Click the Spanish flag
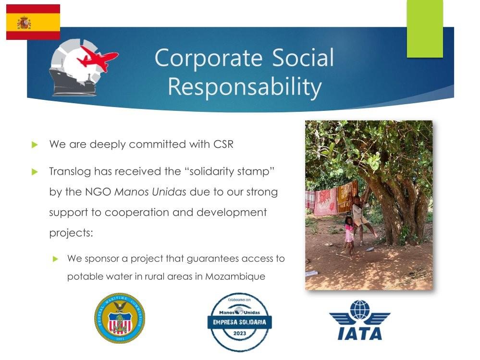click(x=33, y=22)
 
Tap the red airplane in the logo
click(x=98, y=58)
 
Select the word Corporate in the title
click(x=209, y=58)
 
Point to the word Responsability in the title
click(x=245, y=86)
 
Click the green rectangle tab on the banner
click(x=425, y=29)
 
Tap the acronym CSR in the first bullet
click(x=223, y=144)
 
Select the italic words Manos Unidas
click(x=150, y=192)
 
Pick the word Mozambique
click(x=235, y=276)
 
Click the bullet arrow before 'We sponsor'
click(x=55, y=259)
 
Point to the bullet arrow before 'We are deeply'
click(x=35, y=144)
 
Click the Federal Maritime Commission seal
click(x=119, y=318)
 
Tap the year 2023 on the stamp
click(x=240, y=334)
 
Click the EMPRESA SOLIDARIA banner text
click(x=240, y=322)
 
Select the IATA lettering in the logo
click(x=360, y=334)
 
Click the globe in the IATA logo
click(x=360, y=310)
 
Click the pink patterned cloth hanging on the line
click(x=325, y=202)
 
